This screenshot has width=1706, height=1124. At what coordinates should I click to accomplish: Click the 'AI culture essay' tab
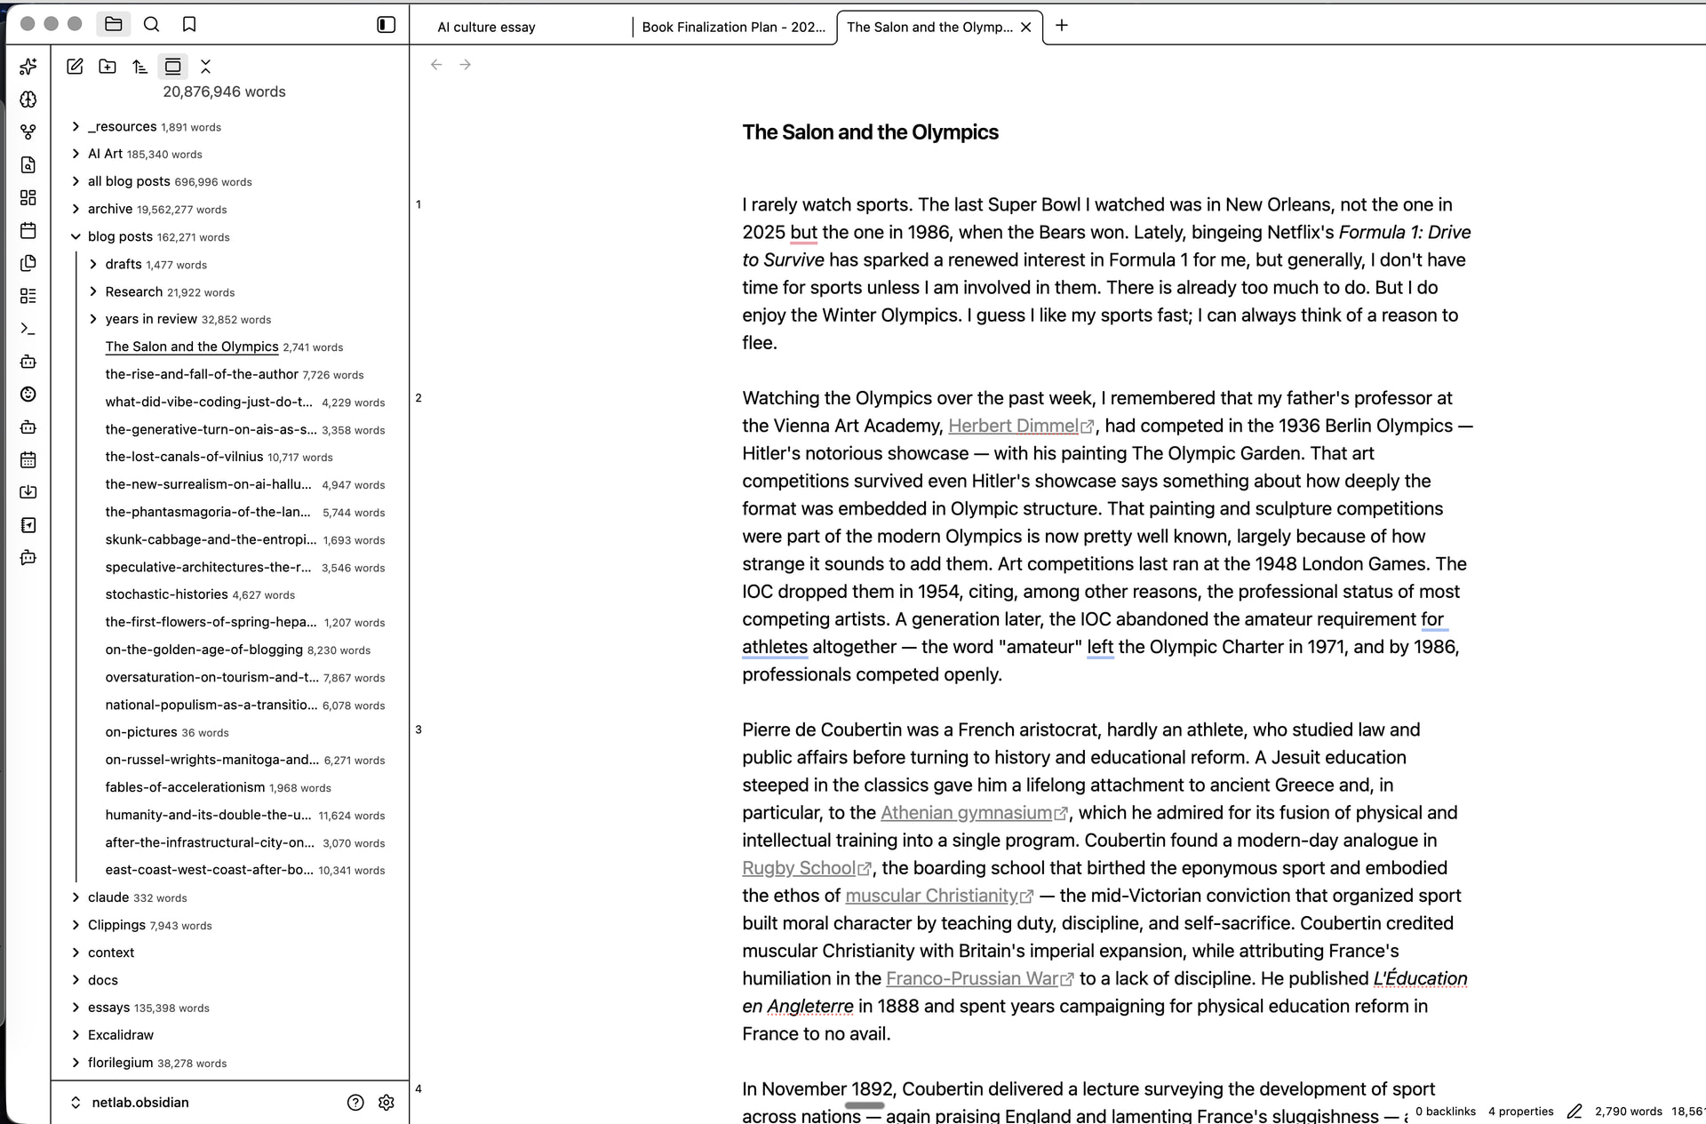pos(486,27)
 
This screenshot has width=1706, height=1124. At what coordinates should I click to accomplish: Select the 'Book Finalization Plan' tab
pos(733,27)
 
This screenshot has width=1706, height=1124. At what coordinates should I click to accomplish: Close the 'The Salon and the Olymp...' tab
pos(1026,27)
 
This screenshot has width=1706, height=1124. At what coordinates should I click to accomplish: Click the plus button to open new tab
pos(1061,26)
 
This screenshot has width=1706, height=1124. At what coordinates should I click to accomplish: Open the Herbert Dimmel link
pos(1013,426)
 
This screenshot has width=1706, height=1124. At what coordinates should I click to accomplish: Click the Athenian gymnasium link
pos(966,812)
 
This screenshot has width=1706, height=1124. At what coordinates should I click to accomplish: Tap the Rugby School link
pos(799,867)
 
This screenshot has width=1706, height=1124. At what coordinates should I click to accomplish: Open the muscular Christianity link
pos(931,895)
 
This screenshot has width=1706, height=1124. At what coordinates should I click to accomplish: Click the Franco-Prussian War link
pos(972,978)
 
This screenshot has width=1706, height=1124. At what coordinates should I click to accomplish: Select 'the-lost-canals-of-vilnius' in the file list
pos(184,457)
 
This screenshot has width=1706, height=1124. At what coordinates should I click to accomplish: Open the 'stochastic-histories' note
pos(166,594)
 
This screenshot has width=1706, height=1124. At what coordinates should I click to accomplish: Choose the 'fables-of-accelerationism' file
pos(185,787)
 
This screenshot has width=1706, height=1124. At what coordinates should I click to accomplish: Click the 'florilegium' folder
pos(120,1063)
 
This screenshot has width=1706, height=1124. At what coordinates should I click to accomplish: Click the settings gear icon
pos(386,1103)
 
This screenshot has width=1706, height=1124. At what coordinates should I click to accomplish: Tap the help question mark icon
pos(355,1103)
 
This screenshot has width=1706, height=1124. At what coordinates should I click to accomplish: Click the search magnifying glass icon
pos(152,24)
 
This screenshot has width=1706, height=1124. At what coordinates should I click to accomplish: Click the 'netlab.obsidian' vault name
pos(140,1103)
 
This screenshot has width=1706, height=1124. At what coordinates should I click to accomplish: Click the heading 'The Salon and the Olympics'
pos(870,132)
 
